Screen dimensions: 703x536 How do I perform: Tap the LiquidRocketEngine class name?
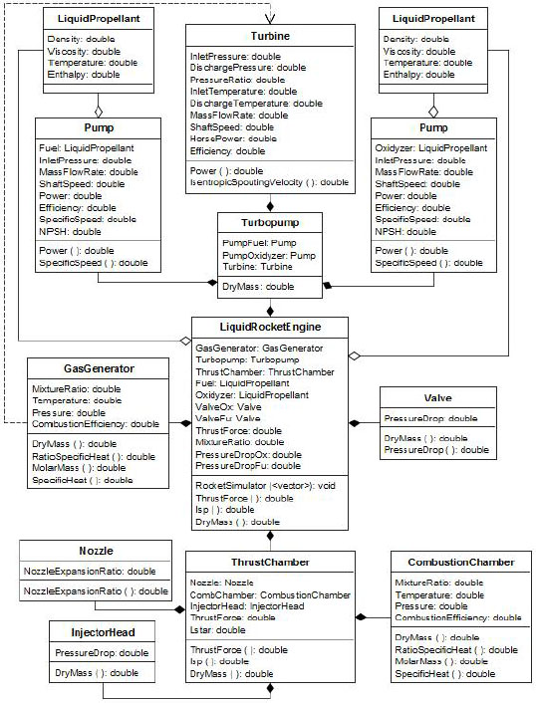pos(269,328)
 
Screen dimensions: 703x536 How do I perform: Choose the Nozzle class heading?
pos(96,550)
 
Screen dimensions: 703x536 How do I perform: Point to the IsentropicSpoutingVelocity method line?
pos(269,182)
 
